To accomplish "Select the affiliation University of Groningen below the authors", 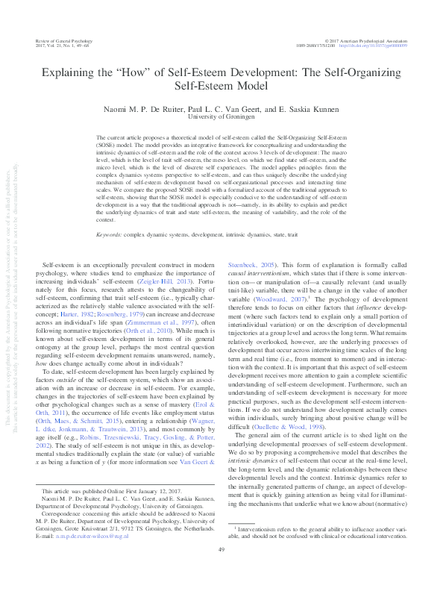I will click(221, 117).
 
